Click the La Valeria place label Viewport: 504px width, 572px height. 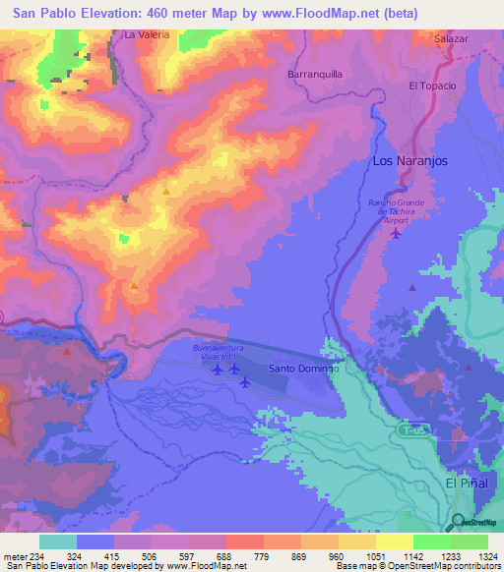147,34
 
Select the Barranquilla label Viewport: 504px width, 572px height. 314,74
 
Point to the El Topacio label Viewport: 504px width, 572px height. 433,86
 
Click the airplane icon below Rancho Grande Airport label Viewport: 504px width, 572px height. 396,233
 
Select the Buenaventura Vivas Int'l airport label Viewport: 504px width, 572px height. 222,353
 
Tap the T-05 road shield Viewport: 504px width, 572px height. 414,430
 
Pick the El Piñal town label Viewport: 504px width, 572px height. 466,484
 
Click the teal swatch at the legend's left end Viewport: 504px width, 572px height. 57,542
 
